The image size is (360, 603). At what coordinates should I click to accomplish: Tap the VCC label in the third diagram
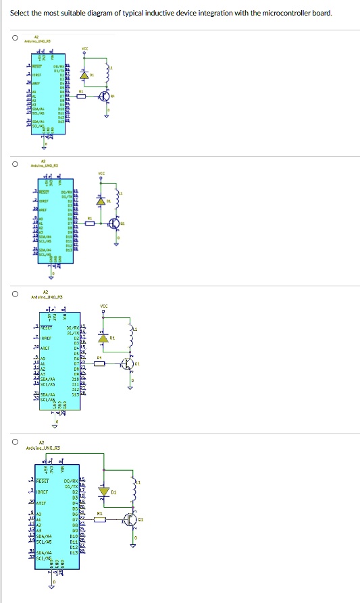103,305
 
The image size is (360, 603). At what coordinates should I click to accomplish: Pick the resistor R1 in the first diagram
82,97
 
